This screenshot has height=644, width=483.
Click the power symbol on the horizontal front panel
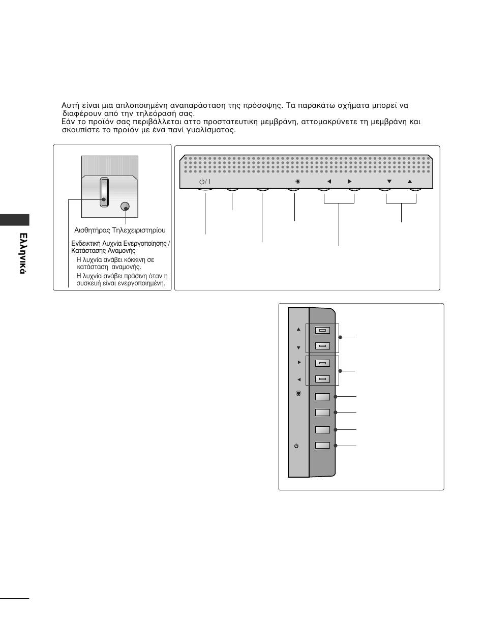(202, 182)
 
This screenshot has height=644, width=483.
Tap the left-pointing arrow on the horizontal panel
(329, 182)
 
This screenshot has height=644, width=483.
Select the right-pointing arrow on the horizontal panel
(349, 182)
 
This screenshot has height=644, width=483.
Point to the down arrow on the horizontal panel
(389, 182)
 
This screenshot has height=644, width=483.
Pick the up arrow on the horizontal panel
(410, 182)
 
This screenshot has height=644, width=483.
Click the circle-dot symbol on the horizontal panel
(298, 182)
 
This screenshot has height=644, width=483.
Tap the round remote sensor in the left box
(126, 207)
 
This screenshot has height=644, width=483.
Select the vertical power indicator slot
(104, 192)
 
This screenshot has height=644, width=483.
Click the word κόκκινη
(135, 259)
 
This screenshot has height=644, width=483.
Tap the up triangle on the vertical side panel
(298, 329)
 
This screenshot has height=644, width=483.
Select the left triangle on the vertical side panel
(298, 379)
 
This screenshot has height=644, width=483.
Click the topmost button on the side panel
(322, 330)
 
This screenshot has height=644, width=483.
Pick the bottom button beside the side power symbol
(322, 446)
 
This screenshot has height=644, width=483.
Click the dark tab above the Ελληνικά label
(15, 220)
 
